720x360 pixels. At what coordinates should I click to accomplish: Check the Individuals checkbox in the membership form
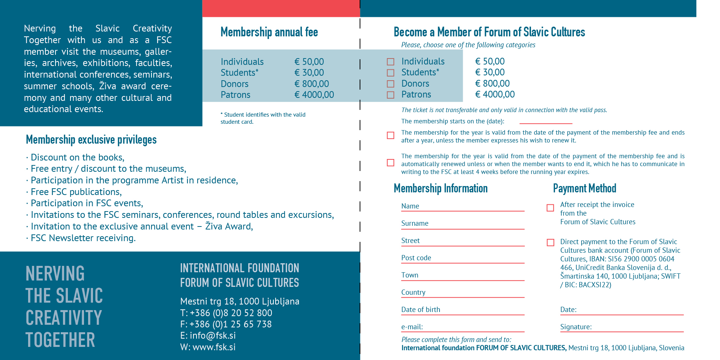390,62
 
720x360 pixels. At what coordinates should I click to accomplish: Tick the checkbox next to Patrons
390,95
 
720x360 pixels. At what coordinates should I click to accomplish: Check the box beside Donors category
390,84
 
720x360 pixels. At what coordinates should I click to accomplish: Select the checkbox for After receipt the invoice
550,208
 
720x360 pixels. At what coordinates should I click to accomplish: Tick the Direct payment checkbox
550,243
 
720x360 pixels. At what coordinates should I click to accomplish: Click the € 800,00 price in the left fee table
312,84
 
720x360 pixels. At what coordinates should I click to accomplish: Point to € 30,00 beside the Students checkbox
490,72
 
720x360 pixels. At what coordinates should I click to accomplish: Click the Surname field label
415,223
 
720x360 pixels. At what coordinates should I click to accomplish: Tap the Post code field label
416,258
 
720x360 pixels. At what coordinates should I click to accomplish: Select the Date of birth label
420,310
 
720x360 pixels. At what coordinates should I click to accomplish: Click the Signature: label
576,327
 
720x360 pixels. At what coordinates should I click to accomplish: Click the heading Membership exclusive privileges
91,140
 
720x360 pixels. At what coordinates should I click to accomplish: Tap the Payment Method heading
584,188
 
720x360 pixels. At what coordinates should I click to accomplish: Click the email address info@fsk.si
213,336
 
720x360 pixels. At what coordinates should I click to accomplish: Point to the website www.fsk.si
214,347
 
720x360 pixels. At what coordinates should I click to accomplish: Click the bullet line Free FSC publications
76,192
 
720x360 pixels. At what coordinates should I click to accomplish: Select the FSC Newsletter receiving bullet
83,238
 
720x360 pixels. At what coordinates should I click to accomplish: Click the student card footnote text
263,118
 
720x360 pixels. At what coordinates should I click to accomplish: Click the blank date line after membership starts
546,122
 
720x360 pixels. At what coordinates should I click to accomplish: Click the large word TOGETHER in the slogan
60,340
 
